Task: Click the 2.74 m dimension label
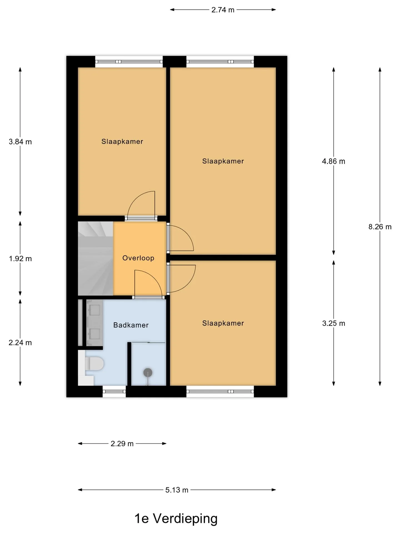[223, 10]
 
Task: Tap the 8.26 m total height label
[380, 227]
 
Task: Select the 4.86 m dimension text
[333, 161]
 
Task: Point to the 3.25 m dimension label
[333, 323]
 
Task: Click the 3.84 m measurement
[20, 142]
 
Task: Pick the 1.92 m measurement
[20, 259]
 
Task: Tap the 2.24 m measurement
[20, 343]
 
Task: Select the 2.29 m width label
[122, 444]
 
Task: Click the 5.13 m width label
[177, 490]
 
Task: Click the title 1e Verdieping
[176, 518]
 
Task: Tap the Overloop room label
[138, 258]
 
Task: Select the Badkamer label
[131, 325]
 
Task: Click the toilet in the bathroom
[94, 363]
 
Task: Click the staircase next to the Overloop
[95, 258]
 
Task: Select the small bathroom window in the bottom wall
[114, 392]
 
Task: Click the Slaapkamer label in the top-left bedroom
[122, 142]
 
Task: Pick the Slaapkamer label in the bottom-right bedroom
[223, 323]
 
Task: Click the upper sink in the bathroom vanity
[95, 310]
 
